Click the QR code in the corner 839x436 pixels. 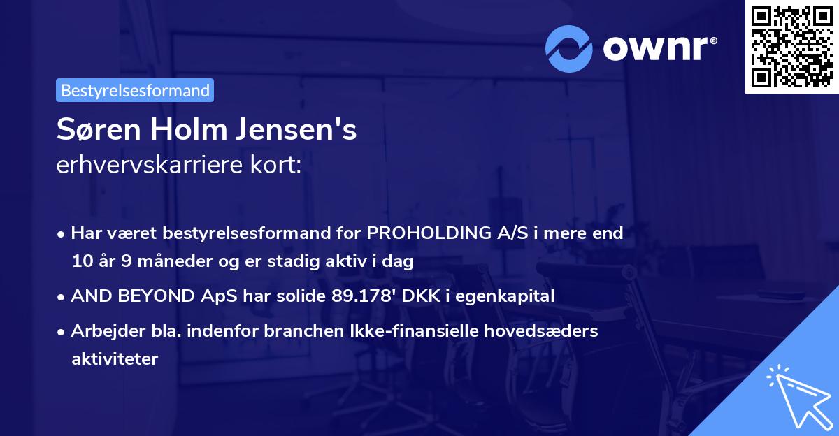point(791,46)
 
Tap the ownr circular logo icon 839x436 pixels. point(569,49)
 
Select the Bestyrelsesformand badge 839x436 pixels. point(135,90)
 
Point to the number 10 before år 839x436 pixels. point(80,262)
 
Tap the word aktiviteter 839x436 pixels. point(115,359)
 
